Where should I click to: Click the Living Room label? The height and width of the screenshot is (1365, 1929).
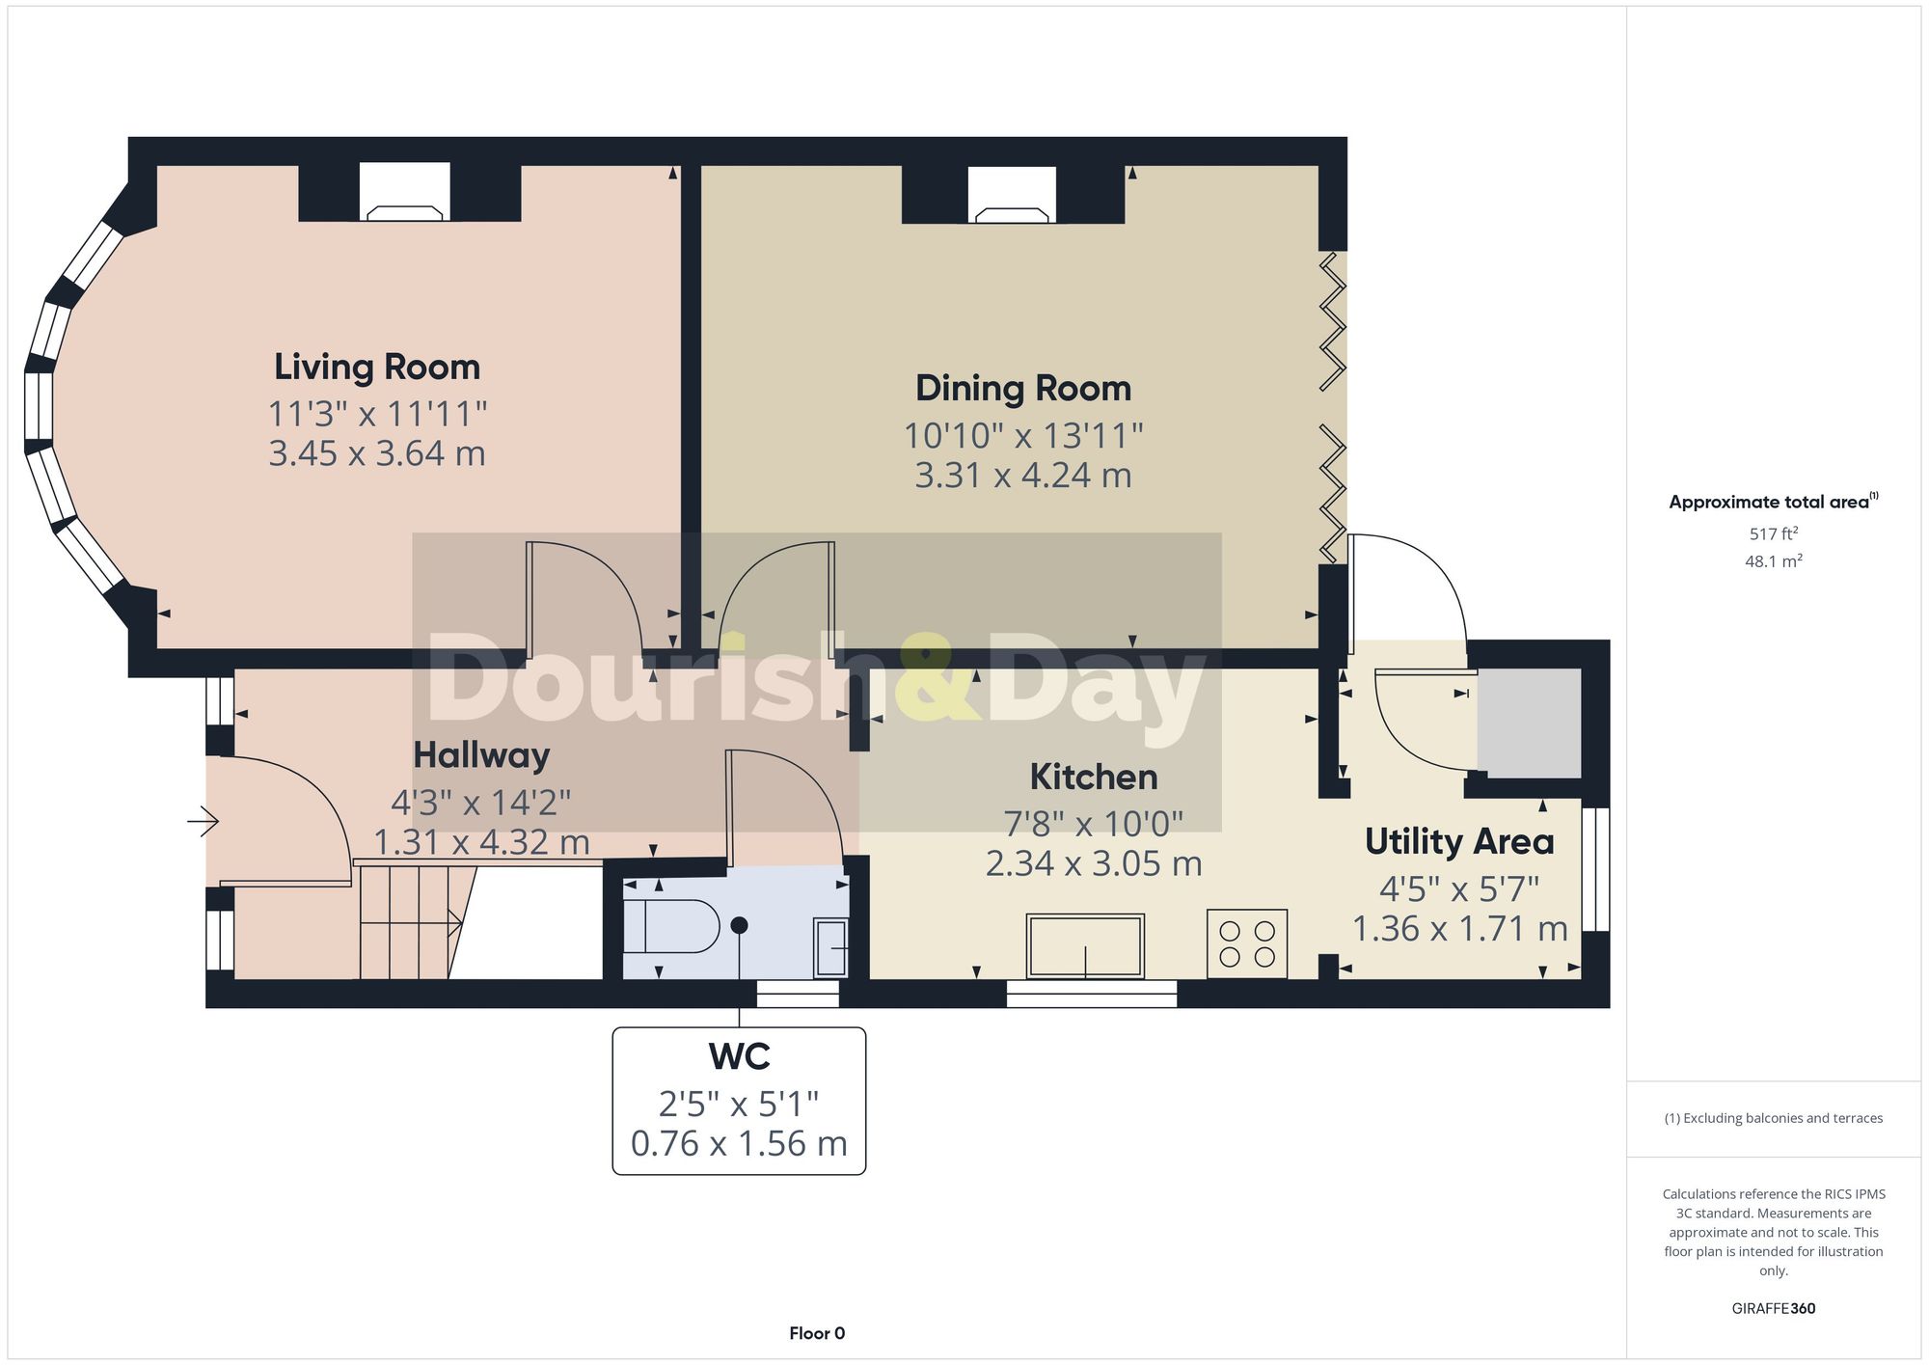pyautogui.click(x=376, y=368)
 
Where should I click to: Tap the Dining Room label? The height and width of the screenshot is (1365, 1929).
pyautogui.click(x=1022, y=389)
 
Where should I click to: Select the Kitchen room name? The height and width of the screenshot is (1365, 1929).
pyautogui.click(x=1093, y=778)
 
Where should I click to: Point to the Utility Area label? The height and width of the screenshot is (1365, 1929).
pyautogui.click(x=1458, y=842)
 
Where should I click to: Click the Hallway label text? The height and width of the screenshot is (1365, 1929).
pyautogui.click(x=481, y=755)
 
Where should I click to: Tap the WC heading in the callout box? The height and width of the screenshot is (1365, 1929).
pyautogui.click(x=739, y=1057)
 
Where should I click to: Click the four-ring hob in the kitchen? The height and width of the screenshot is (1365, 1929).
pyautogui.click(x=1246, y=944)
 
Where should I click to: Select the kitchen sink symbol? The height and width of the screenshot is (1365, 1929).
pyautogui.click(x=1085, y=946)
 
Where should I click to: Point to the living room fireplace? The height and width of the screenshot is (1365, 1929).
pyautogui.click(x=405, y=193)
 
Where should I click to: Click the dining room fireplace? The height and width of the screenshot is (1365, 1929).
pyautogui.click(x=1012, y=195)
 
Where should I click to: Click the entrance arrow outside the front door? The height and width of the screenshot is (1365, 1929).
pyautogui.click(x=204, y=822)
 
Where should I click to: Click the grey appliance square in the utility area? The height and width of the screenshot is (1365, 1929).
pyautogui.click(x=1529, y=723)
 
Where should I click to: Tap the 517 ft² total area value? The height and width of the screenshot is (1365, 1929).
pyautogui.click(x=1773, y=533)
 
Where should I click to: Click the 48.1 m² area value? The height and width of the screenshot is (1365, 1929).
pyautogui.click(x=1773, y=561)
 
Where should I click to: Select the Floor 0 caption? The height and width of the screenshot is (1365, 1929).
pyautogui.click(x=816, y=1334)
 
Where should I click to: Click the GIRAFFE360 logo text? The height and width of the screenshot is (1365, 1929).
pyautogui.click(x=1773, y=1309)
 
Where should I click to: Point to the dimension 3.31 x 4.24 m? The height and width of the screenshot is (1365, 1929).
pyautogui.click(x=1022, y=476)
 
